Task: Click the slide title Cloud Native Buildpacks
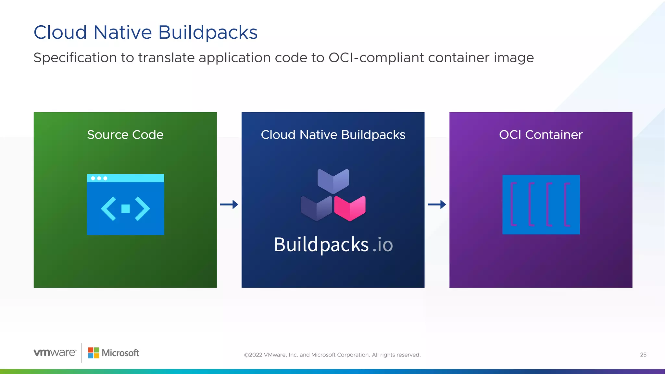pos(145,32)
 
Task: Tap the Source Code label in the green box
pos(125,135)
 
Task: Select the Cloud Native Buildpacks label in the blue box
pos(333,135)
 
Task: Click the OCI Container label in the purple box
pos(541,135)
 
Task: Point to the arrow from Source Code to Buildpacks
pos(229,205)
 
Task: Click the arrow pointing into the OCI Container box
pos(437,205)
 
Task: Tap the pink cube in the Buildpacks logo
pos(350,208)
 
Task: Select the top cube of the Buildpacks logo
pos(333,181)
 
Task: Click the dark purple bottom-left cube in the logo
pos(316,208)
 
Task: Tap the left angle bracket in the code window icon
pos(108,208)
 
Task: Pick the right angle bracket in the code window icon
pos(143,208)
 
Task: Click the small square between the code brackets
pos(125,208)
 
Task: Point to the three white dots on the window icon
pos(99,178)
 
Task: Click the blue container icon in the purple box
pos(541,205)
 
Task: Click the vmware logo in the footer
pos(55,353)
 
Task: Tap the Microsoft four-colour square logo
pos(94,353)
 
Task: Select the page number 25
pos(643,355)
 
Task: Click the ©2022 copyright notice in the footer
pos(332,355)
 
